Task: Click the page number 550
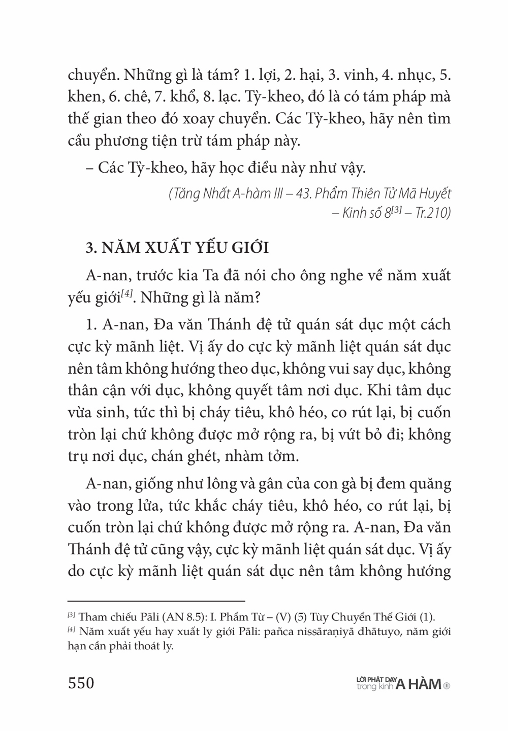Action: tap(81, 683)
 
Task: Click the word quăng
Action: tap(427, 484)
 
